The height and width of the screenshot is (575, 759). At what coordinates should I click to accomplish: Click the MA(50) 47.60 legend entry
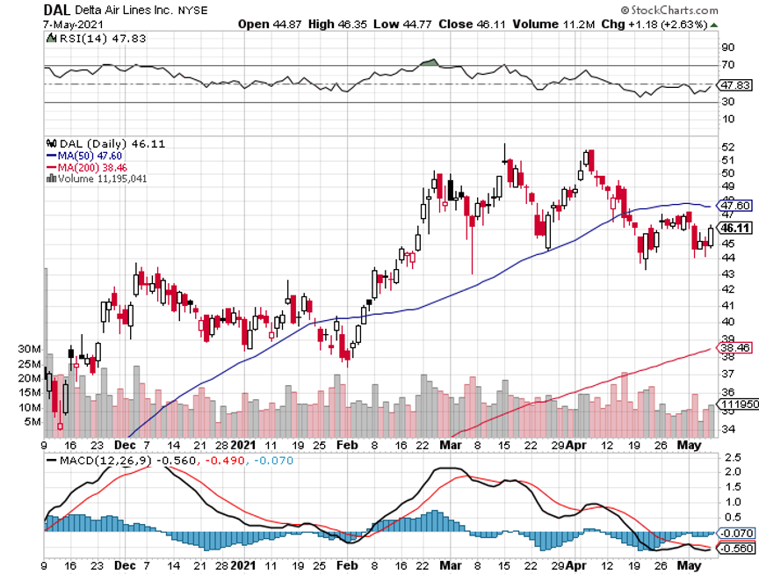coord(87,154)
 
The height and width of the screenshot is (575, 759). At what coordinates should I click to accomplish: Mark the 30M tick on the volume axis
coord(29,349)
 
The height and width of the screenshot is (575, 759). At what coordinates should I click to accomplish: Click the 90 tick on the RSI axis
coord(726,47)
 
